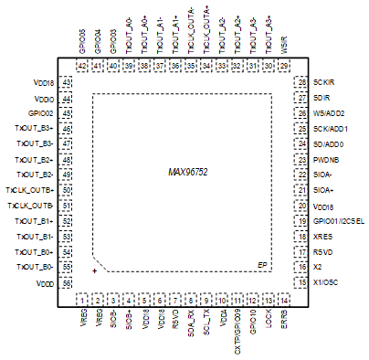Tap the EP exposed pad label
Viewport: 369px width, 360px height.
tap(262, 265)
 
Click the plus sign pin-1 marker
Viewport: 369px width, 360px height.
tap(95, 271)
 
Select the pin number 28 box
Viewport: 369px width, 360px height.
tap(300, 82)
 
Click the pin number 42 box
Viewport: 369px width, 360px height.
tap(82, 66)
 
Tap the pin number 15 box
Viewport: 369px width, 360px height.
tap(300, 282)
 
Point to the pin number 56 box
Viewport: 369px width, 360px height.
tap(67, 283)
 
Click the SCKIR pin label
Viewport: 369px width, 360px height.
tap(322, 82)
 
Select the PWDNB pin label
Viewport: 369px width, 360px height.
tap(324, 159)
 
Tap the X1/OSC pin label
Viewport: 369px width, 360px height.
tap(325, 282)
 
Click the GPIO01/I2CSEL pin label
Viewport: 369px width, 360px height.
tap(338, 221)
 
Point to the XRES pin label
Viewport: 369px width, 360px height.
tap(322, 237)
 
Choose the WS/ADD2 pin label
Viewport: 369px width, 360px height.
tap(329, 113)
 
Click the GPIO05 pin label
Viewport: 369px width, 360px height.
tap(82, 43)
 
